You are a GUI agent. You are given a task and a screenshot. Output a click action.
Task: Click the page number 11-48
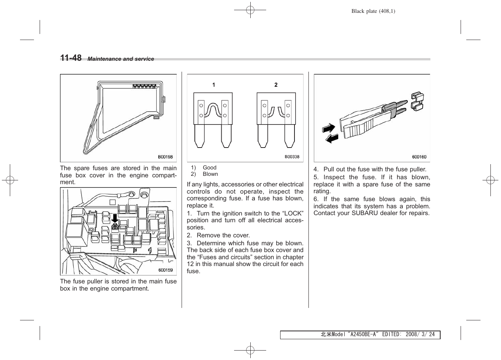point(71,58)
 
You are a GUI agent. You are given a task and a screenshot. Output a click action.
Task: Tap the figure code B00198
point(165,157)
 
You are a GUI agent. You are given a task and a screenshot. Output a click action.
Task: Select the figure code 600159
point(165,270)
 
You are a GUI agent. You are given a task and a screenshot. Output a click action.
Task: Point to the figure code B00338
point(292,157)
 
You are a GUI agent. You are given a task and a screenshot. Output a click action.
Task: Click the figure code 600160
point(419,157)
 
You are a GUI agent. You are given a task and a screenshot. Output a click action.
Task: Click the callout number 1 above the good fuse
point(214,85)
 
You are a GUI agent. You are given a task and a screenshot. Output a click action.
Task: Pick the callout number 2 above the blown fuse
point(276,85)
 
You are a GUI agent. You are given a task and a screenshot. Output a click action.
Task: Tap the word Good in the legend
point(210,168)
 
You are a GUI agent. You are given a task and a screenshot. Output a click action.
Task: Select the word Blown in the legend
point(210,174)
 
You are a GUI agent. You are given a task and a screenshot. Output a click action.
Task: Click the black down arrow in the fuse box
point(115,218)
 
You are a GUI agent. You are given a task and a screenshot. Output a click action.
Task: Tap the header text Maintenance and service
point(121,59)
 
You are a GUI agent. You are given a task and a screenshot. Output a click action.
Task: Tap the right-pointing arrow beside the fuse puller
point(328,128)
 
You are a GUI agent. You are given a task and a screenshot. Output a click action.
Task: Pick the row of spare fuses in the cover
point(144,86)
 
